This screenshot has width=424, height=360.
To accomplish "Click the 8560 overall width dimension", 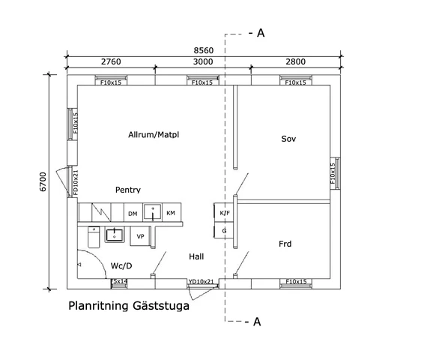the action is tap(203, 50).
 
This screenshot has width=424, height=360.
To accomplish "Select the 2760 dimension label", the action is tap(111, 61).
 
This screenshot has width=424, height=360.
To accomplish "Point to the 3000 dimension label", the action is tap(203, 61).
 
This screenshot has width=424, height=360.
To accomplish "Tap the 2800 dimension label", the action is tap(296, 61).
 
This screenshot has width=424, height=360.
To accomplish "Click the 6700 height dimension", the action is tap(43, 181).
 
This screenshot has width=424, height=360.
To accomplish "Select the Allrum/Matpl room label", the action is tap(154, 134).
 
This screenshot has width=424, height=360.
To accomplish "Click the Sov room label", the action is tap(288, 139).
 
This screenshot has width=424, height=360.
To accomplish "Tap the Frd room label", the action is tap(285, 244).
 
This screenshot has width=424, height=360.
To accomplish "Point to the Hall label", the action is tap(196, 256).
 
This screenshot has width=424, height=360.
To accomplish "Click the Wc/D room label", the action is tap(121, 265).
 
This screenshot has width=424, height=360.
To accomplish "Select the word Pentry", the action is tap(128, 190).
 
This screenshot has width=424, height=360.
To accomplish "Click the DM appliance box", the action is tap(133, 212).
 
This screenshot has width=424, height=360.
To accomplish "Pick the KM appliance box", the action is tap(172, 212).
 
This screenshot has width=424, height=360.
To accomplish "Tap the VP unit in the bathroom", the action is tap(140, 236).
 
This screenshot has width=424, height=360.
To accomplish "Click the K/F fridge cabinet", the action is tap(224, 213).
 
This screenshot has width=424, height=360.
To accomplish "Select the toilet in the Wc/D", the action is tap(94, 237).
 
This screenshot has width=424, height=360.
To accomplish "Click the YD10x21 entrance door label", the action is tap(202, 282).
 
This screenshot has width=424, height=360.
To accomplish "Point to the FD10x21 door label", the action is tap(76, 182).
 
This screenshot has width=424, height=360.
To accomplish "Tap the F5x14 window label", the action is tap(119, 281).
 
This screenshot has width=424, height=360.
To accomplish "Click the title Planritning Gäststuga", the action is tap(129, 306).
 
